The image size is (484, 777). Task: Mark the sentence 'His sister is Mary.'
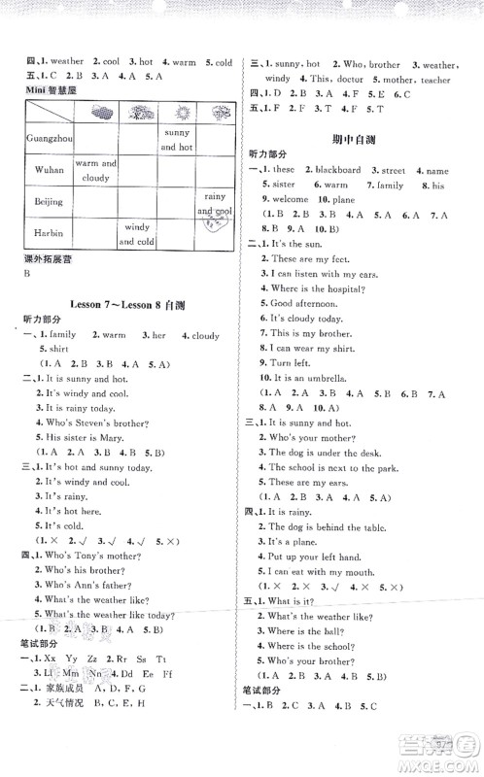click(85, 437)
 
